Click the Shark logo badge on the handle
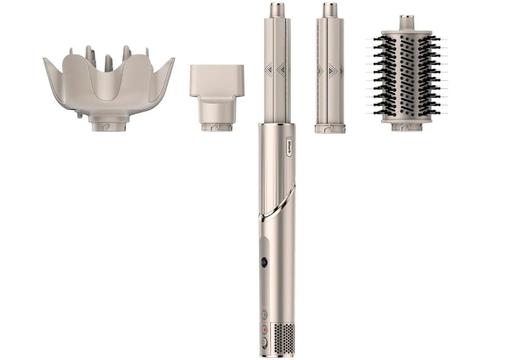click(289, 148)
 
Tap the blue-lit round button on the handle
click(264, 262)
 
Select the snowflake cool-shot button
click(264, 315)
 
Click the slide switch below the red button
click(264, 343)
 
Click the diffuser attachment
click(108, 88)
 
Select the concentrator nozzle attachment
click(217, 98)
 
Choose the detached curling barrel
click(330, 68)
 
